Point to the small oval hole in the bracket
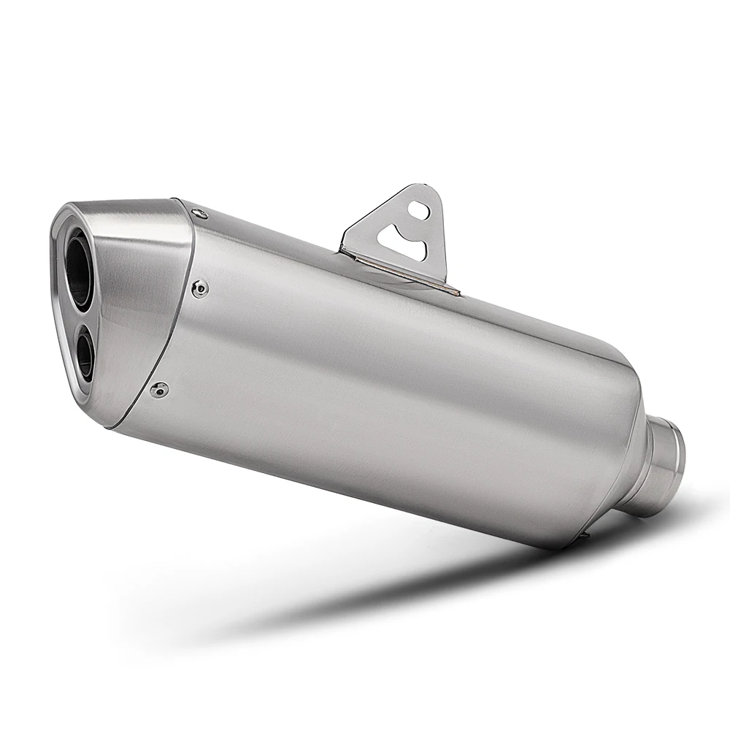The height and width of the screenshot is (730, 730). click(x=418, y=207)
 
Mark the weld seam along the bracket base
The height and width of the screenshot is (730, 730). click(x=401, y=272)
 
